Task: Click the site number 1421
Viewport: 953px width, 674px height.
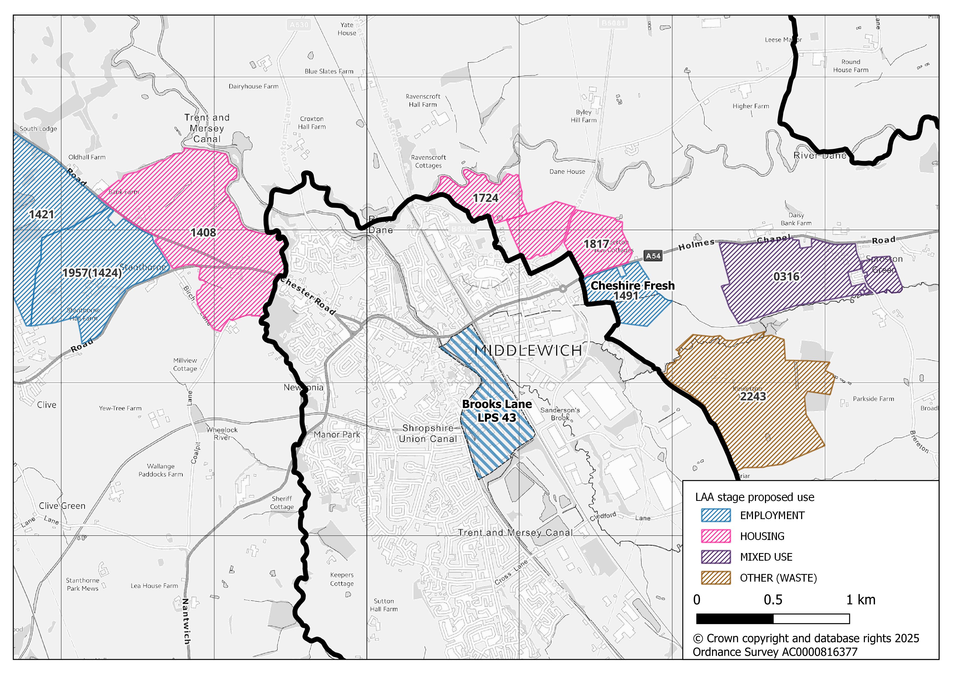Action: pyautogui.click(x=42, y=215)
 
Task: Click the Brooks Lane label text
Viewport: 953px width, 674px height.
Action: pyautogui.click(x=496, y=404)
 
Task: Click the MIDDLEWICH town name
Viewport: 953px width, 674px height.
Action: pyautogui.click(x=528, y=351)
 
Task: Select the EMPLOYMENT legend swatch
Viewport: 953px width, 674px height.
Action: pyautogui.click(x=715, y=516)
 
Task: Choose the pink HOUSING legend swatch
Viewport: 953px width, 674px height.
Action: pyautogui.click(x=715, y=536)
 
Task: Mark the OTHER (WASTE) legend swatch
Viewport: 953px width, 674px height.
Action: pyautogui.click(x=715, y=578)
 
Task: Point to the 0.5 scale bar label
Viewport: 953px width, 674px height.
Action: pyautogui.click(x=773, y=600)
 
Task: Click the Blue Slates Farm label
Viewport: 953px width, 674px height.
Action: pyautogui.click(x=329, y=71)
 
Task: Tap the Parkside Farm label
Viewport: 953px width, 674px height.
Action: pyautogui.click(x=873, y=399)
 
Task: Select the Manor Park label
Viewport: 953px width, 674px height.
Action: pyautogui.click(x=337, y=435)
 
